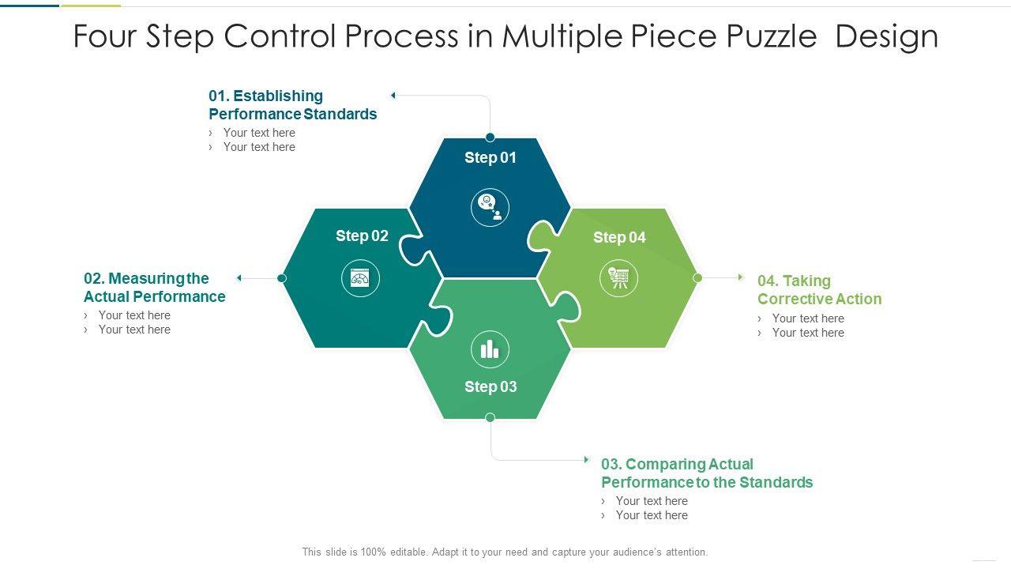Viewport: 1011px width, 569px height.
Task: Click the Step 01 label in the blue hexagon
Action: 490,157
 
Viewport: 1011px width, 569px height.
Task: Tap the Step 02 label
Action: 362,236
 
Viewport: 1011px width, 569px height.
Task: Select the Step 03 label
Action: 490,386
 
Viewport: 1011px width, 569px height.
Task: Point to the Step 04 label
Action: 619,237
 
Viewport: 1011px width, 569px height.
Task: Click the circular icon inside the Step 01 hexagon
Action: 490,208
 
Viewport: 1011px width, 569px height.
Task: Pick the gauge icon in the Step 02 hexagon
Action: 360,278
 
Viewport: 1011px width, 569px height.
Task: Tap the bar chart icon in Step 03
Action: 490,349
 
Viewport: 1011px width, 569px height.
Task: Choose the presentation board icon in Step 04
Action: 618,278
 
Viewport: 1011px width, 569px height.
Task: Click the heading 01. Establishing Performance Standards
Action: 292,105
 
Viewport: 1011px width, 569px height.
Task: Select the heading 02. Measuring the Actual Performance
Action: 154,288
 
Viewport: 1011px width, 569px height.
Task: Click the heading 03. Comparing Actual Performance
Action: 706,473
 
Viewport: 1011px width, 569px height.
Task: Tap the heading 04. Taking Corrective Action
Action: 819,290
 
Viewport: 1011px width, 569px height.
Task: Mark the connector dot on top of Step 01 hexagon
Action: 490,137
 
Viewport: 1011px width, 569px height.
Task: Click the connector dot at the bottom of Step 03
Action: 490,417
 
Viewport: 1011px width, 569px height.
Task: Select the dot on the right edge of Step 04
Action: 697,277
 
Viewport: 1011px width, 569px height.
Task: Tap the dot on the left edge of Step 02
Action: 282,277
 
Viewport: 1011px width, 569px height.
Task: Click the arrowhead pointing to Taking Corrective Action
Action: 741,277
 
